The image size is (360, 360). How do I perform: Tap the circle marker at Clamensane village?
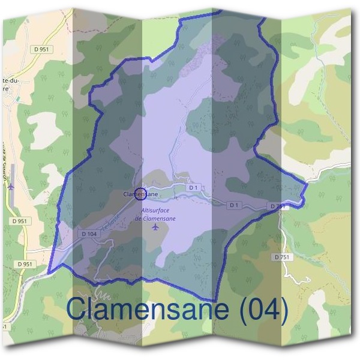[x=140, y=194]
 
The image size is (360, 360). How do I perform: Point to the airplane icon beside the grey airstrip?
[x=10, y=186]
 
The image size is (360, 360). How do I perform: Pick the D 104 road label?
[x=88, y=233]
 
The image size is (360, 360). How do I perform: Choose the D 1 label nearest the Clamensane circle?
[x=193, y=188]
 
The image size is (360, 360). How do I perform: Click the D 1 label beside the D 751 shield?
[x=235, y=205]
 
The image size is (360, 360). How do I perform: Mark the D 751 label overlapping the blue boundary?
[x=277, y=206]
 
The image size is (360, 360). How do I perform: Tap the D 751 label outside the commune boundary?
[x=281, y=257]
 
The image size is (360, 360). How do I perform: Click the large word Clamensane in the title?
[x=146, y=309]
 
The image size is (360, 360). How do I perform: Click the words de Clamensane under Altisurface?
[x=156, y=218]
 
